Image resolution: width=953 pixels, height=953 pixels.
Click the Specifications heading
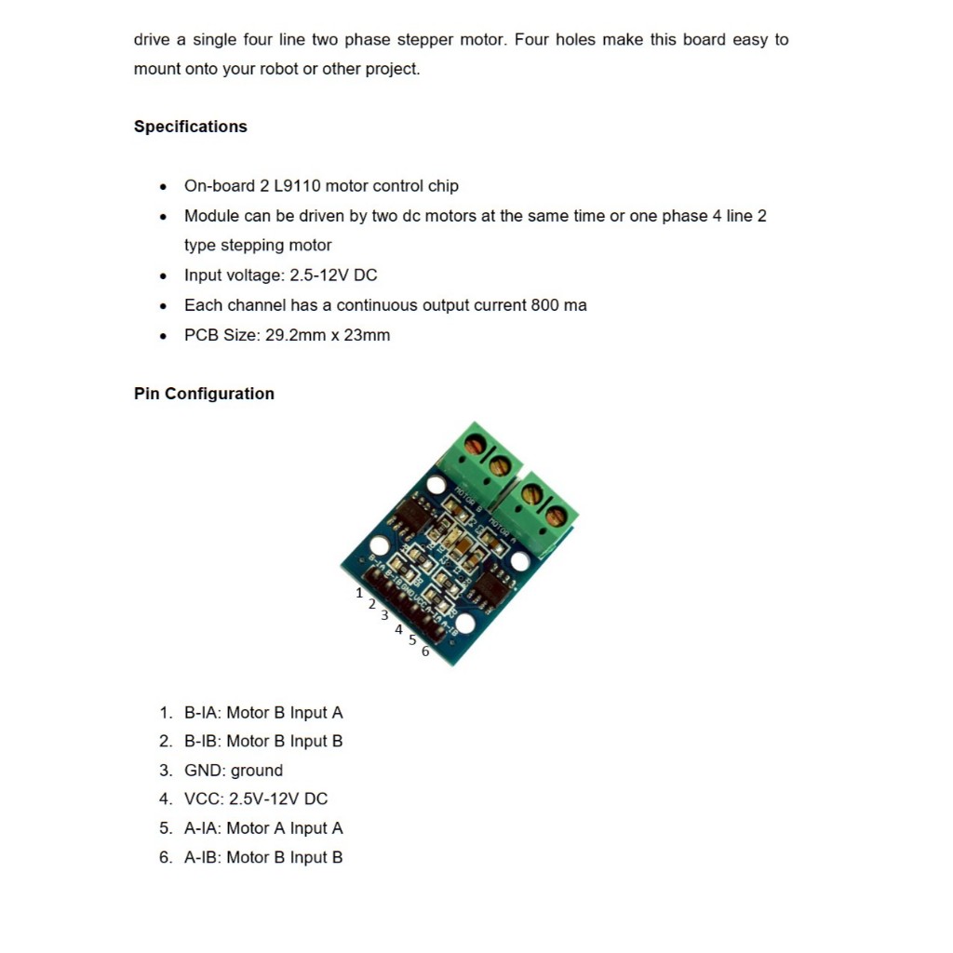pyautogui.click(x=190, y=127)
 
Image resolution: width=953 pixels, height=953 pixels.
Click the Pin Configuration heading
pyautogui.click(x=204, y=394)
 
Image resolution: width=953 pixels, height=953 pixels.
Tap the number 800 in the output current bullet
pyautogui.click(x=545, y=305)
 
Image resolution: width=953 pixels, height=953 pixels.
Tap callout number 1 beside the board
pyautogui.click(x=359, y=593)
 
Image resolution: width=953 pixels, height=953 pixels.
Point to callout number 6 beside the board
pyautogui.click(x=425, y=651)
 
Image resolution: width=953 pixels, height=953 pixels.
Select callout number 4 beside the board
pyautogui.click(x=398, y=630)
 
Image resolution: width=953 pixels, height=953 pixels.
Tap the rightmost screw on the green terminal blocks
pyautogui.click(x=557, y=515)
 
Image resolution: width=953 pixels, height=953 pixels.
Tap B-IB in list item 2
pyautogui.click(x=202, y=742)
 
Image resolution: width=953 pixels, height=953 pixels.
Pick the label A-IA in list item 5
pyautogui.click(x=202, y=828)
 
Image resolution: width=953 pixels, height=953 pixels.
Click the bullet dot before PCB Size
pyautogui.click(x=164, y=336)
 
